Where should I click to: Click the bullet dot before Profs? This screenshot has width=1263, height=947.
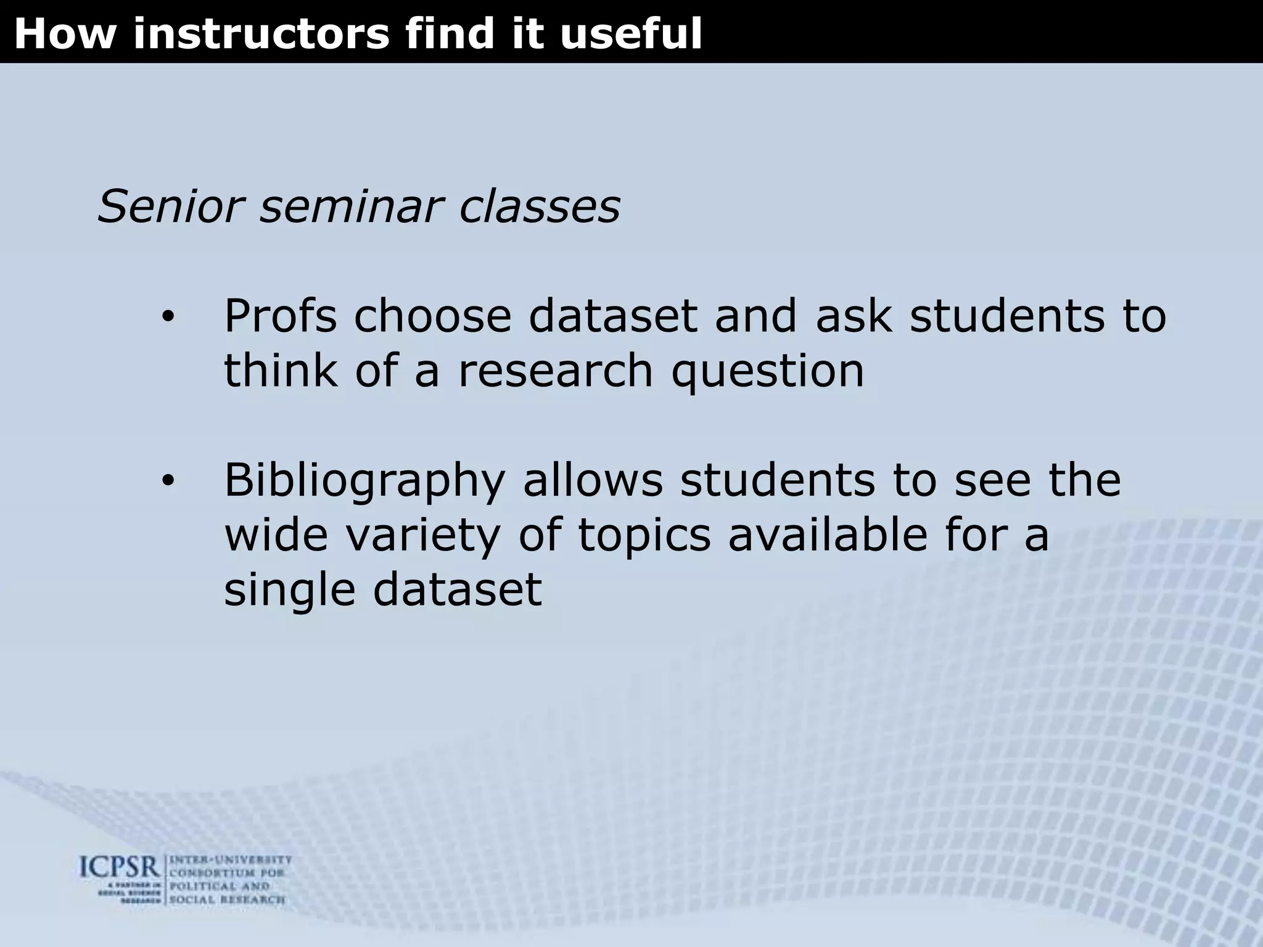point(168,318)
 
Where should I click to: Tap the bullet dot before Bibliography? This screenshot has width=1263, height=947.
point(168,481)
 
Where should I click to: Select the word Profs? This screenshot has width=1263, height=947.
point(280,316)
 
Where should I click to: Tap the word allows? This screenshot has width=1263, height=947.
point(593,480)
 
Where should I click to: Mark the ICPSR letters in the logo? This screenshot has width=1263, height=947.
point(120,869)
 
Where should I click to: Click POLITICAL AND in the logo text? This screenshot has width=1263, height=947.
point(220,887)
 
